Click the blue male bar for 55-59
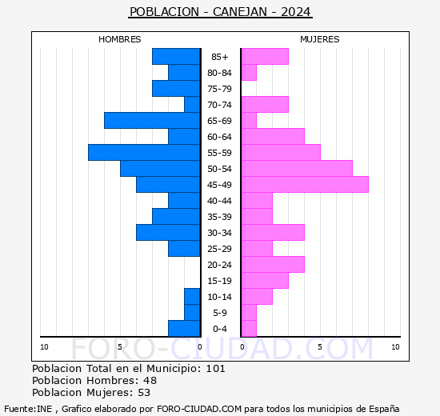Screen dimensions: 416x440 pos(144,152)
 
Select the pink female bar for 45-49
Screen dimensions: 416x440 pos(305,184)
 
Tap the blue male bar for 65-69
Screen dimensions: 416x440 pos(152,120)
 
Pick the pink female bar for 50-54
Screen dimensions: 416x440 pos(297,168)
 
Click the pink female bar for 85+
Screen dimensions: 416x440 pos(265,56)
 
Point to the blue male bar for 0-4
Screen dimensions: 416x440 pos(184,328)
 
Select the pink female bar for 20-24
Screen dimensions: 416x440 pos(273,264)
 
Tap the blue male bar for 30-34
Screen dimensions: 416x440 pos(168,232)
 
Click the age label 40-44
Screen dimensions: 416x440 pos(220,201)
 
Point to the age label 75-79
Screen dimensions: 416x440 pos(220,89)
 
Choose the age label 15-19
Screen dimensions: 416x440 pos(220,281)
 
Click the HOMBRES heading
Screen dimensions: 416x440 pos(120,39)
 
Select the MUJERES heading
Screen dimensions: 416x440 pos(320,39)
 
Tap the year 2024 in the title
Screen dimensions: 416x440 pos(296,12)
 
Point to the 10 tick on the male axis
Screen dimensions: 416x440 pos(45,346)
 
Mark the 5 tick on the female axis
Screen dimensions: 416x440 pos(320,346)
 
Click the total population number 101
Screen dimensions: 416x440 pos(215,369)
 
